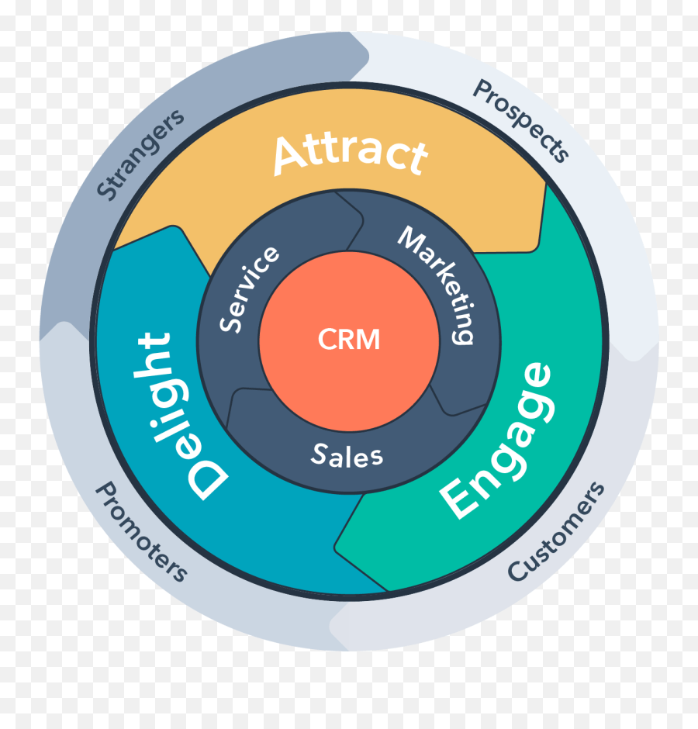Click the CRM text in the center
click(x=349, y=339)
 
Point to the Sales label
click(x=347, y=455)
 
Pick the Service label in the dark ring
click(x=248, y=288)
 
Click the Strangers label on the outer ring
click(x=141, y=153)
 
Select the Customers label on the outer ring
click(x=555, y=531)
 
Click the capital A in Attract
click(x=289, y=155)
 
